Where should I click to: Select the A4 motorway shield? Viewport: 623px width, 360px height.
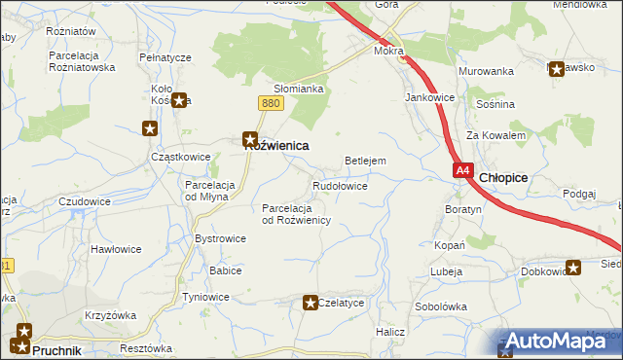pyautogui.click(x=463, y=170)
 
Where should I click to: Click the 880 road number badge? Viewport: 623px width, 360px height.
pyautogui.click(x=272, y=103)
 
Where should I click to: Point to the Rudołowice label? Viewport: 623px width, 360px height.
pyautogui.click(x=340, y=185)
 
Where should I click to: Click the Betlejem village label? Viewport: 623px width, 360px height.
pyautogui.click(x=366, y=161)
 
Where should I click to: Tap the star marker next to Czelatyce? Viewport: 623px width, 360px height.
pyautogui.click(x=311, y=303)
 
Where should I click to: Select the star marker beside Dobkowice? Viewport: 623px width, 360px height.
pyautogui.click(x=574, y=268)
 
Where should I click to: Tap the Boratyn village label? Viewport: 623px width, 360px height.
pyautogui.click(x=463, y=209)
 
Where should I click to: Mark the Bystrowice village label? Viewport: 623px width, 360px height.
pyautogui.click(x=221, y=238)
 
